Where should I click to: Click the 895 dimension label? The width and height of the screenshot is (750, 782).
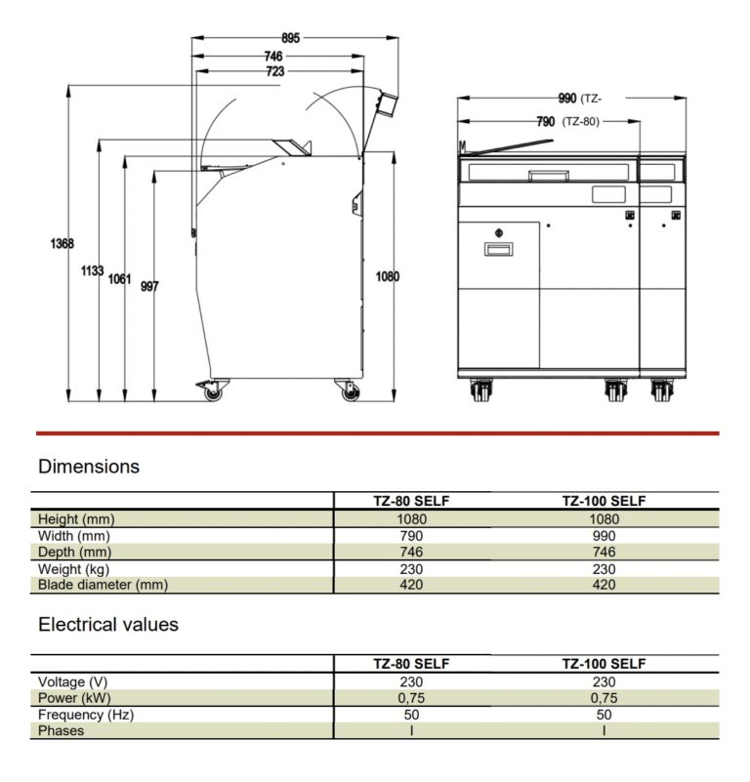(x=290, y=38)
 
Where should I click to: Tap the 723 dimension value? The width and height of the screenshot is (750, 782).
(x=275, y=71)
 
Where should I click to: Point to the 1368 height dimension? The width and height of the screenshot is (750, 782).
(x=62, y=243)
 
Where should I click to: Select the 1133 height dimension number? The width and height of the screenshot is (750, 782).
(x=93, y=270)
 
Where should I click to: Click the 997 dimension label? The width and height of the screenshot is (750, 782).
(x=149, y=286)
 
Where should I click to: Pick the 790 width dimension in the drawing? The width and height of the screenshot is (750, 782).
(x=545, y=122)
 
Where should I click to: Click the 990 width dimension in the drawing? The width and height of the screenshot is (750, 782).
(x=567, y=99)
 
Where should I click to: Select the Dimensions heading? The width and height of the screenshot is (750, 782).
(x=89, y=467)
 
